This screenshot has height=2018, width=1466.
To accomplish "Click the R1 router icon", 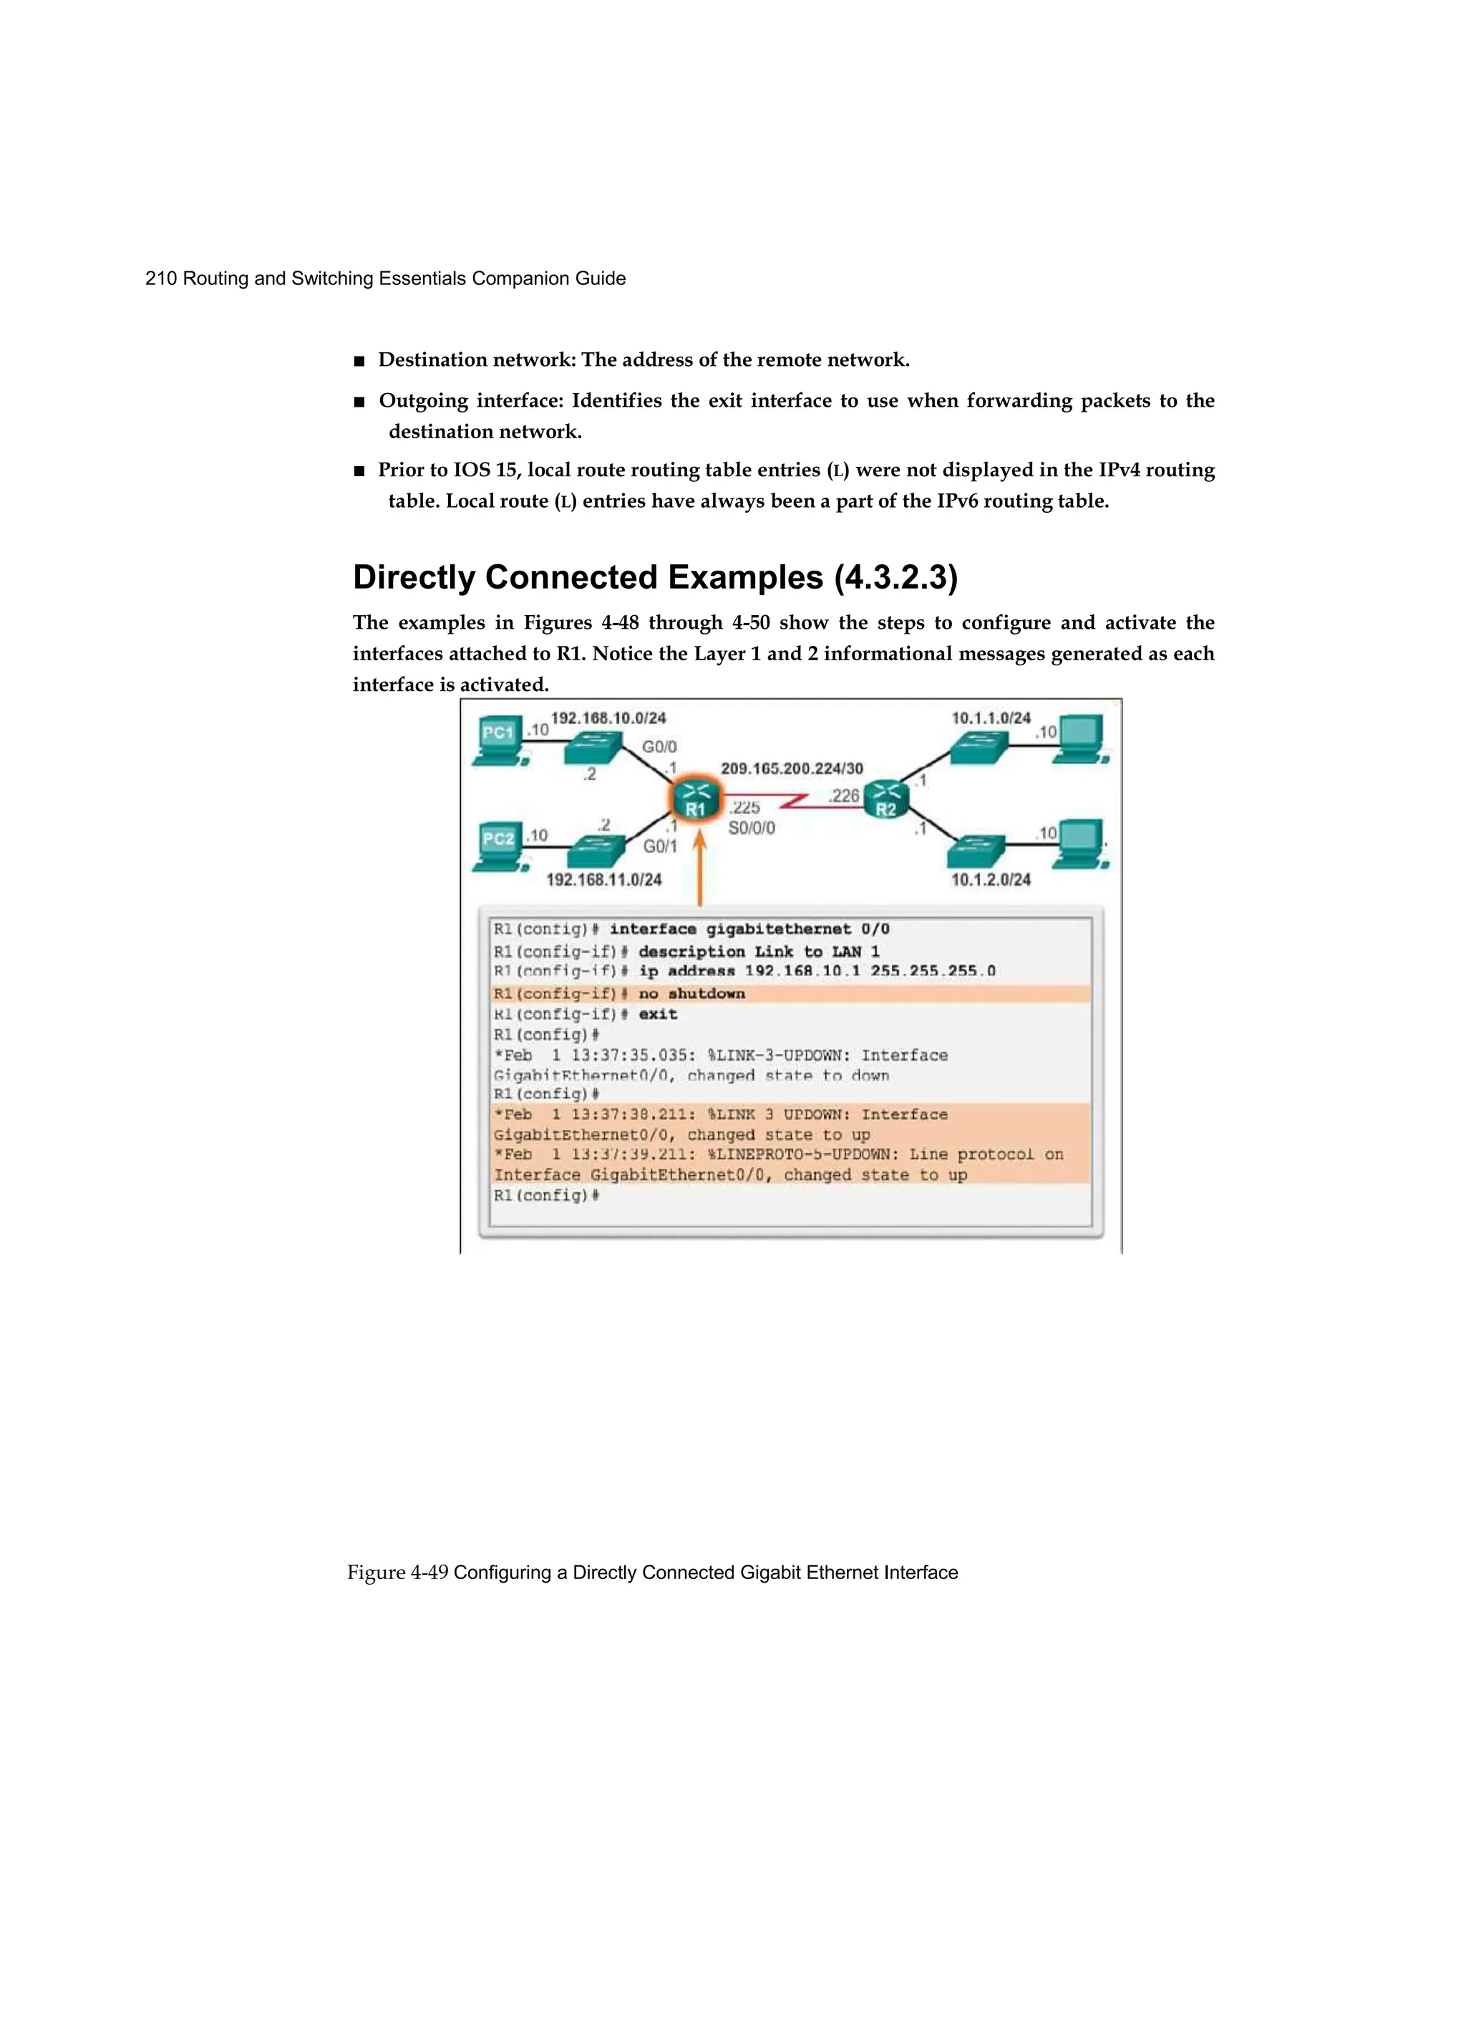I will pos(695,800).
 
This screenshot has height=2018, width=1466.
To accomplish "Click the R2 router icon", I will pos(886,800).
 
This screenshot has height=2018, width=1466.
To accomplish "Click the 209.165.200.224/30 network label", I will pos(791,768).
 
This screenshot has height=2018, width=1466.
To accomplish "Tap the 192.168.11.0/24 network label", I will pos(603,879).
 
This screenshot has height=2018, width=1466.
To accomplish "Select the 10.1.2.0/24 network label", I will pos(990,879).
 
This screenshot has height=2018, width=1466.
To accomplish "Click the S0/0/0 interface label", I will pos(752,829).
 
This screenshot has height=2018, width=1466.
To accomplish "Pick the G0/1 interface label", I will pos(660,846).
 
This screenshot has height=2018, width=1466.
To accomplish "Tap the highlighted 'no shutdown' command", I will pos(691,994).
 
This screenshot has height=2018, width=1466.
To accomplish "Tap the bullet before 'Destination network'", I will pos(359,361).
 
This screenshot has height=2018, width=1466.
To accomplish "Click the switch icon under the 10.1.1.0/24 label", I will pos(978,748).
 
